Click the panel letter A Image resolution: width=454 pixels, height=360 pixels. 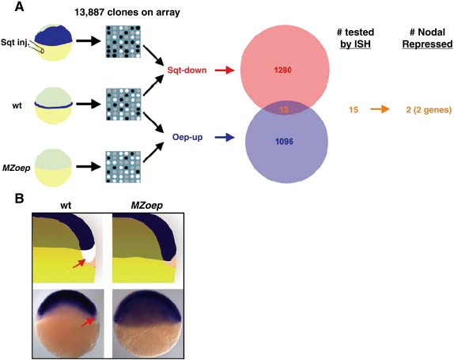pos(19,6)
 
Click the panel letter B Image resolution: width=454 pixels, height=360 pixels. pos(19,199)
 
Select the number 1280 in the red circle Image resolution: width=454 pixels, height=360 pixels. pos(283,70)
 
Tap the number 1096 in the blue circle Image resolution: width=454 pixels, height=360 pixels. pos(284,142)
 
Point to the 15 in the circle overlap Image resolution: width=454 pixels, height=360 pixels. pos(284,110)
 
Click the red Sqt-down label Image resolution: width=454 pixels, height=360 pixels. pos(187,70)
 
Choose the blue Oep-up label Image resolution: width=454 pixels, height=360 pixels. pos(187,137)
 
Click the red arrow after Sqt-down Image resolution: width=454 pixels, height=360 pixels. pos(225,70)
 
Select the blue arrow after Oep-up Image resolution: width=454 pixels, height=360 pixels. pos(225,138)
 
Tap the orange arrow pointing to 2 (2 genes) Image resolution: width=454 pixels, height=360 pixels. pos(380,109)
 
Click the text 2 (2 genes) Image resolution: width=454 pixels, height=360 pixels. pos(429,110)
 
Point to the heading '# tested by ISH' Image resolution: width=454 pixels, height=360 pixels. pos(355,38)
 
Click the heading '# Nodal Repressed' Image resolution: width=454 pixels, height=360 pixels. pos(427,38)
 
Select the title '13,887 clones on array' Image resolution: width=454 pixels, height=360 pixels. pos(127,13)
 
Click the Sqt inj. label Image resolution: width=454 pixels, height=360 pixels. pos(15,43)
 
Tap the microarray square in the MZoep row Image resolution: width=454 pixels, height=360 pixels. pos(123,167)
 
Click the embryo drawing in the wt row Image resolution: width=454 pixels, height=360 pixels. pos(53,106)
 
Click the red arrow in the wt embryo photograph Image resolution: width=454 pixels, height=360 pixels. pos(88,322)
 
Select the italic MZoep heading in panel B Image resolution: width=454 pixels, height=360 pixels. pos(147,206)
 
